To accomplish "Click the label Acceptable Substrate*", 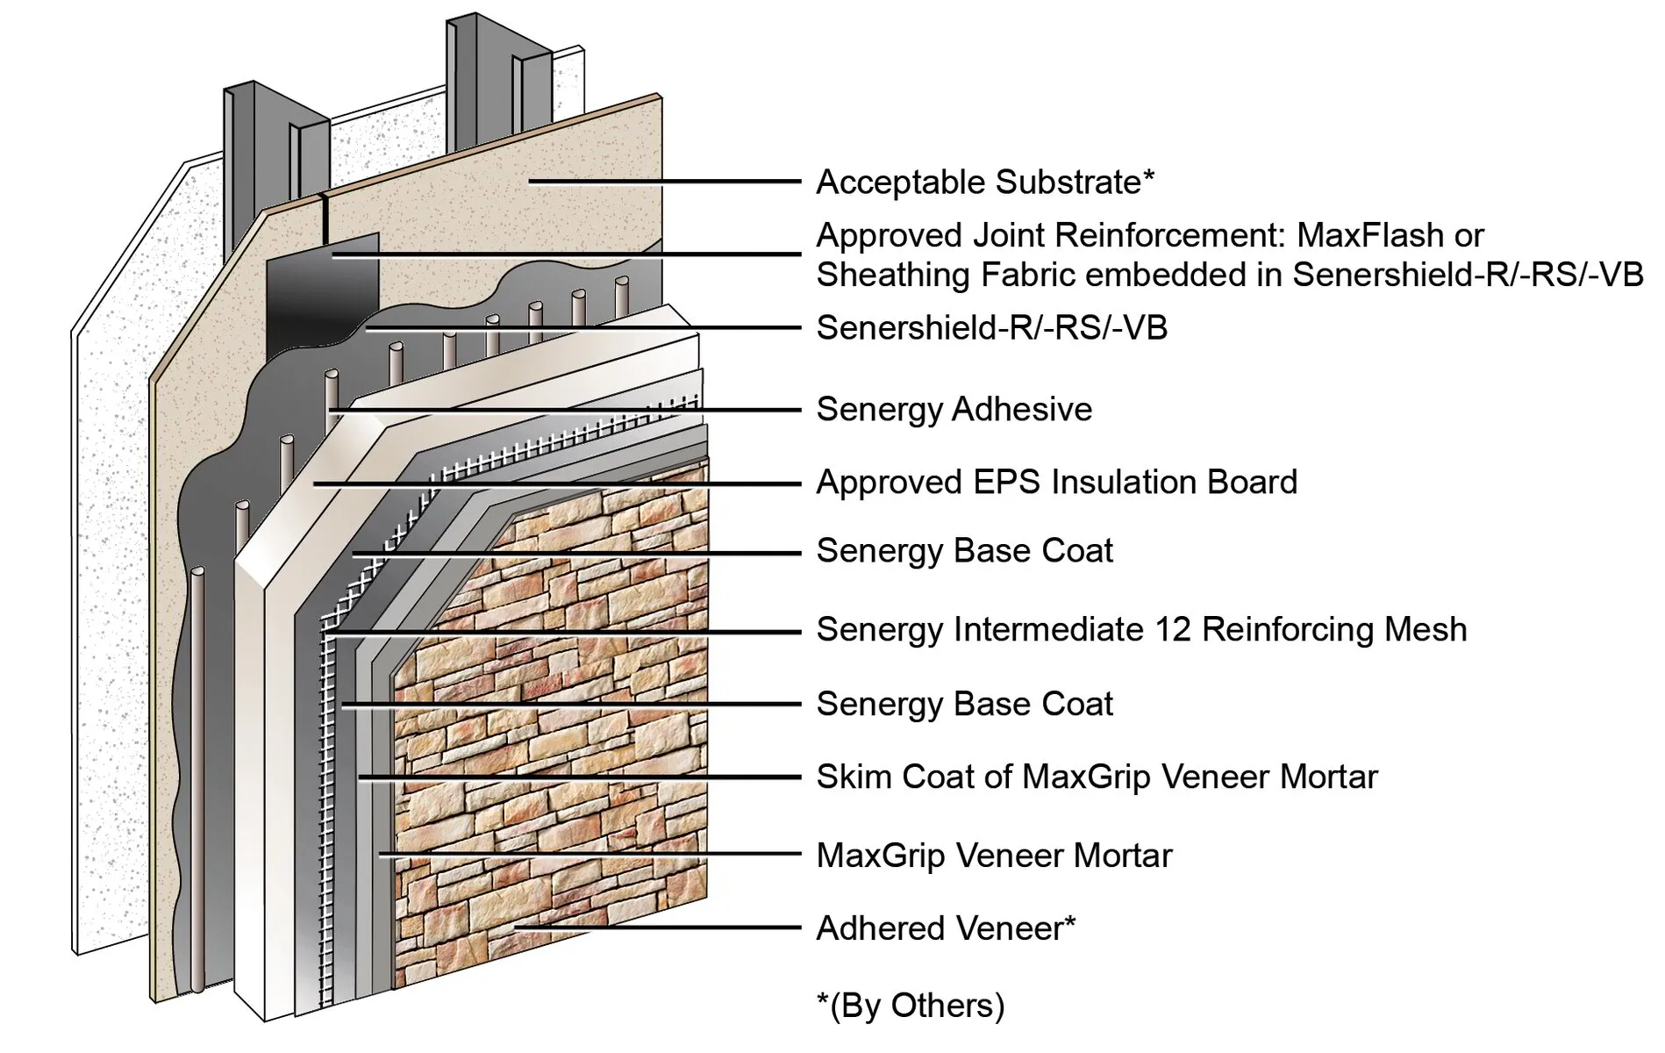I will point(984,183).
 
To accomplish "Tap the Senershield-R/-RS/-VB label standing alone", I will point(991,328).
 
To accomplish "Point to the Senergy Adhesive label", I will point(954,410).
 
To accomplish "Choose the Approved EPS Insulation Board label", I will point(1056,483).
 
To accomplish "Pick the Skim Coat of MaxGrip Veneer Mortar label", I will point(1097,777).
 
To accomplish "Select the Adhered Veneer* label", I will point(945,928).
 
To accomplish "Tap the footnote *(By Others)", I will point(910,1005).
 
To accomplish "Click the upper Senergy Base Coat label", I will point(964,551).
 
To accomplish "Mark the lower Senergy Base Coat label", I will point(964,704).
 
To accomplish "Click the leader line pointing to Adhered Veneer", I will point(658,927).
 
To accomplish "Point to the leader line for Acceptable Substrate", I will point(667,182).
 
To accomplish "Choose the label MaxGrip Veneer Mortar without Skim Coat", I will point(993,856).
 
